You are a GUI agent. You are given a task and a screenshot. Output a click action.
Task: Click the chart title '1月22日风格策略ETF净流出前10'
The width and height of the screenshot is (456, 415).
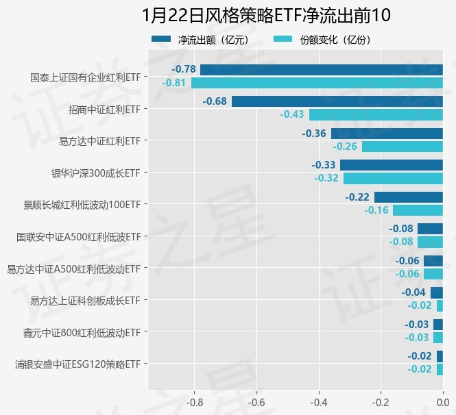coord(267,16)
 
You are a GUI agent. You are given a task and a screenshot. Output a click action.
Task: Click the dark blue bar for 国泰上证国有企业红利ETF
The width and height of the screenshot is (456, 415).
coord(322,69)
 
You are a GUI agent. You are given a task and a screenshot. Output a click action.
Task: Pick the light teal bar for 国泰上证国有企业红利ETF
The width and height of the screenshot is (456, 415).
coord(317,83)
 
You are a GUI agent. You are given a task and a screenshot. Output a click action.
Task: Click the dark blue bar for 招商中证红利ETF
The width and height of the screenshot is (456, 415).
coord(337,101)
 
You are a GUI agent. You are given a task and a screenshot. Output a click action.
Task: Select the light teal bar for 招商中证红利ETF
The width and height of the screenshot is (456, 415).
coord(376,114)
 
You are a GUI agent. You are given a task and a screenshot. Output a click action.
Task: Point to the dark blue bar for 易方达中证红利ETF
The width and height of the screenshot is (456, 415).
coord(387,134)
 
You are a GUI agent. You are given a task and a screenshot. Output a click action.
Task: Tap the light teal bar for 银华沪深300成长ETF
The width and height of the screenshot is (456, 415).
coord(393,178)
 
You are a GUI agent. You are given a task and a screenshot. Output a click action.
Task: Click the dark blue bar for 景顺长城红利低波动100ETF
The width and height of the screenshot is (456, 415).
coord(409,197)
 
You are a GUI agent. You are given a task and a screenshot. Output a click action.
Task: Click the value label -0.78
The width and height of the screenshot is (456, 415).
coord(184,69)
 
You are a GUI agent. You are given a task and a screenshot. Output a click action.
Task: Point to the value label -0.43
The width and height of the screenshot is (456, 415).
coord(292,114)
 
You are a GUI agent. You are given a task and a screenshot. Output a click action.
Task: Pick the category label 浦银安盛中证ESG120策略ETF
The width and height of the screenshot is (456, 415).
coord(78,364)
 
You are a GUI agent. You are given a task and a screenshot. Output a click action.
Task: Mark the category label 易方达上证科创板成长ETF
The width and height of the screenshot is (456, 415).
coord(85,300)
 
